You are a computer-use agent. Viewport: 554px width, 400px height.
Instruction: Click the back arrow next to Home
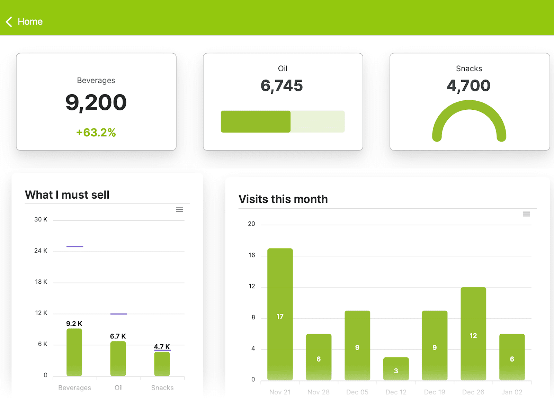9,22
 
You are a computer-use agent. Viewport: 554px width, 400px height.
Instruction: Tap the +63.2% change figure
96,133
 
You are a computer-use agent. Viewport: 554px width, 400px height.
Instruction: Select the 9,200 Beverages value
96,103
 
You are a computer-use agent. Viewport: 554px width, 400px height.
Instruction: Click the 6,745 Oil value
282,86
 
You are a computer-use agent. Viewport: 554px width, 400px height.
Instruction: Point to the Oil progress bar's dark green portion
256,121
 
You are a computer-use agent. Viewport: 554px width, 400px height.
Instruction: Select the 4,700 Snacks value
468,86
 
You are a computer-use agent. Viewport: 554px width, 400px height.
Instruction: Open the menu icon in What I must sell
179,210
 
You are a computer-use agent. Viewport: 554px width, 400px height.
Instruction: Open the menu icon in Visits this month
526,214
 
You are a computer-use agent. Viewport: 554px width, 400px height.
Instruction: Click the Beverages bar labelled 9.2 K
74,352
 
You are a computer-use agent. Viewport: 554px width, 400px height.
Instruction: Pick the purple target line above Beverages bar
75,247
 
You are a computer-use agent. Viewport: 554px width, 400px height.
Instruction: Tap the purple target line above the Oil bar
119,314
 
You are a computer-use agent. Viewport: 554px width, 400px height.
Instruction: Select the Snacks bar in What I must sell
162,364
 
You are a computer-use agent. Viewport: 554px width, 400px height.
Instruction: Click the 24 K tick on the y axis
41,251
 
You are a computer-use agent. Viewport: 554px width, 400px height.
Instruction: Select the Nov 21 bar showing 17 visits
280,314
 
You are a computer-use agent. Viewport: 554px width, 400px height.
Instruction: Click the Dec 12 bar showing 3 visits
396,369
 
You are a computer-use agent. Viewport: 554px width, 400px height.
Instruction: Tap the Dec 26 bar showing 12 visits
473,334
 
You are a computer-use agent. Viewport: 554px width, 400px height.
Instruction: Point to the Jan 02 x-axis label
512,392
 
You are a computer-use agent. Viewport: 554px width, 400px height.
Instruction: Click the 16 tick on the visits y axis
252,255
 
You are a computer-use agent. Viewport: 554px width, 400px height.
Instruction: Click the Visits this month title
283,199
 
